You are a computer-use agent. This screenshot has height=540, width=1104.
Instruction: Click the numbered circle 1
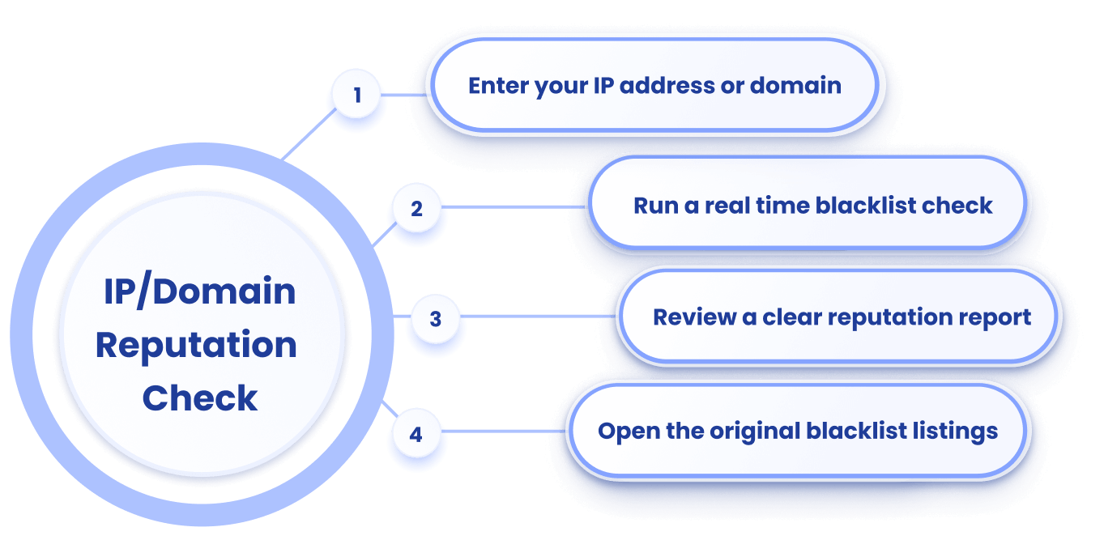click(x=357, y=96)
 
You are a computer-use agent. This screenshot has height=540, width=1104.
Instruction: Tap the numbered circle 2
click(x=416, y=209)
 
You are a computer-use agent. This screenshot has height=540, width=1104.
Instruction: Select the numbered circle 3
click(x=435, y=319)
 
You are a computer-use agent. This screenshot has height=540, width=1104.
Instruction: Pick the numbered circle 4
click(x=416, y=435)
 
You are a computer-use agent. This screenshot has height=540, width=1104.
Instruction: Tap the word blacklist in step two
click(x=864, y=205)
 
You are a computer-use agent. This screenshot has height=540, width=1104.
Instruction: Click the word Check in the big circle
click(x=200, y=398)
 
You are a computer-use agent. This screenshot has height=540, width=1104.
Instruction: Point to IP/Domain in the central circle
click(x=199, y=291)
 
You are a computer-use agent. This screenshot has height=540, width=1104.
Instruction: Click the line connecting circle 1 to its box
click(x=405, y=95)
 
